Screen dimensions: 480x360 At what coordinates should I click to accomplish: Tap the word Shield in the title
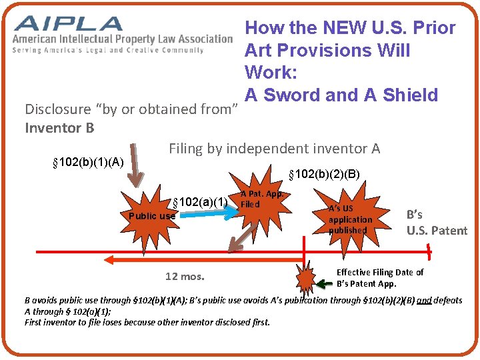(410, 95)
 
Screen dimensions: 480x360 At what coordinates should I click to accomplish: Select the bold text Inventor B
(59, 127)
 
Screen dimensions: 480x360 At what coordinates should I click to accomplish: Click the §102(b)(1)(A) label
(87, 162)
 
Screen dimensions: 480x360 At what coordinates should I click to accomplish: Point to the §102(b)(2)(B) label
(323, 175)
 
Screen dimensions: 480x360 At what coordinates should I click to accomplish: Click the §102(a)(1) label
(201, 203)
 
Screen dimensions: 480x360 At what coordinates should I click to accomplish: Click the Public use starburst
(152, 215)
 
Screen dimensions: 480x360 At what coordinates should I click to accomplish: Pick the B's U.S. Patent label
(437, 223)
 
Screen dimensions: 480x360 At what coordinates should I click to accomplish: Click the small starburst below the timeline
(306, 277)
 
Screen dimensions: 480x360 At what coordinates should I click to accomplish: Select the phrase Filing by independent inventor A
(274, 149)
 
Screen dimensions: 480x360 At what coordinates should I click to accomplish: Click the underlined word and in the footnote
(424, 301)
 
